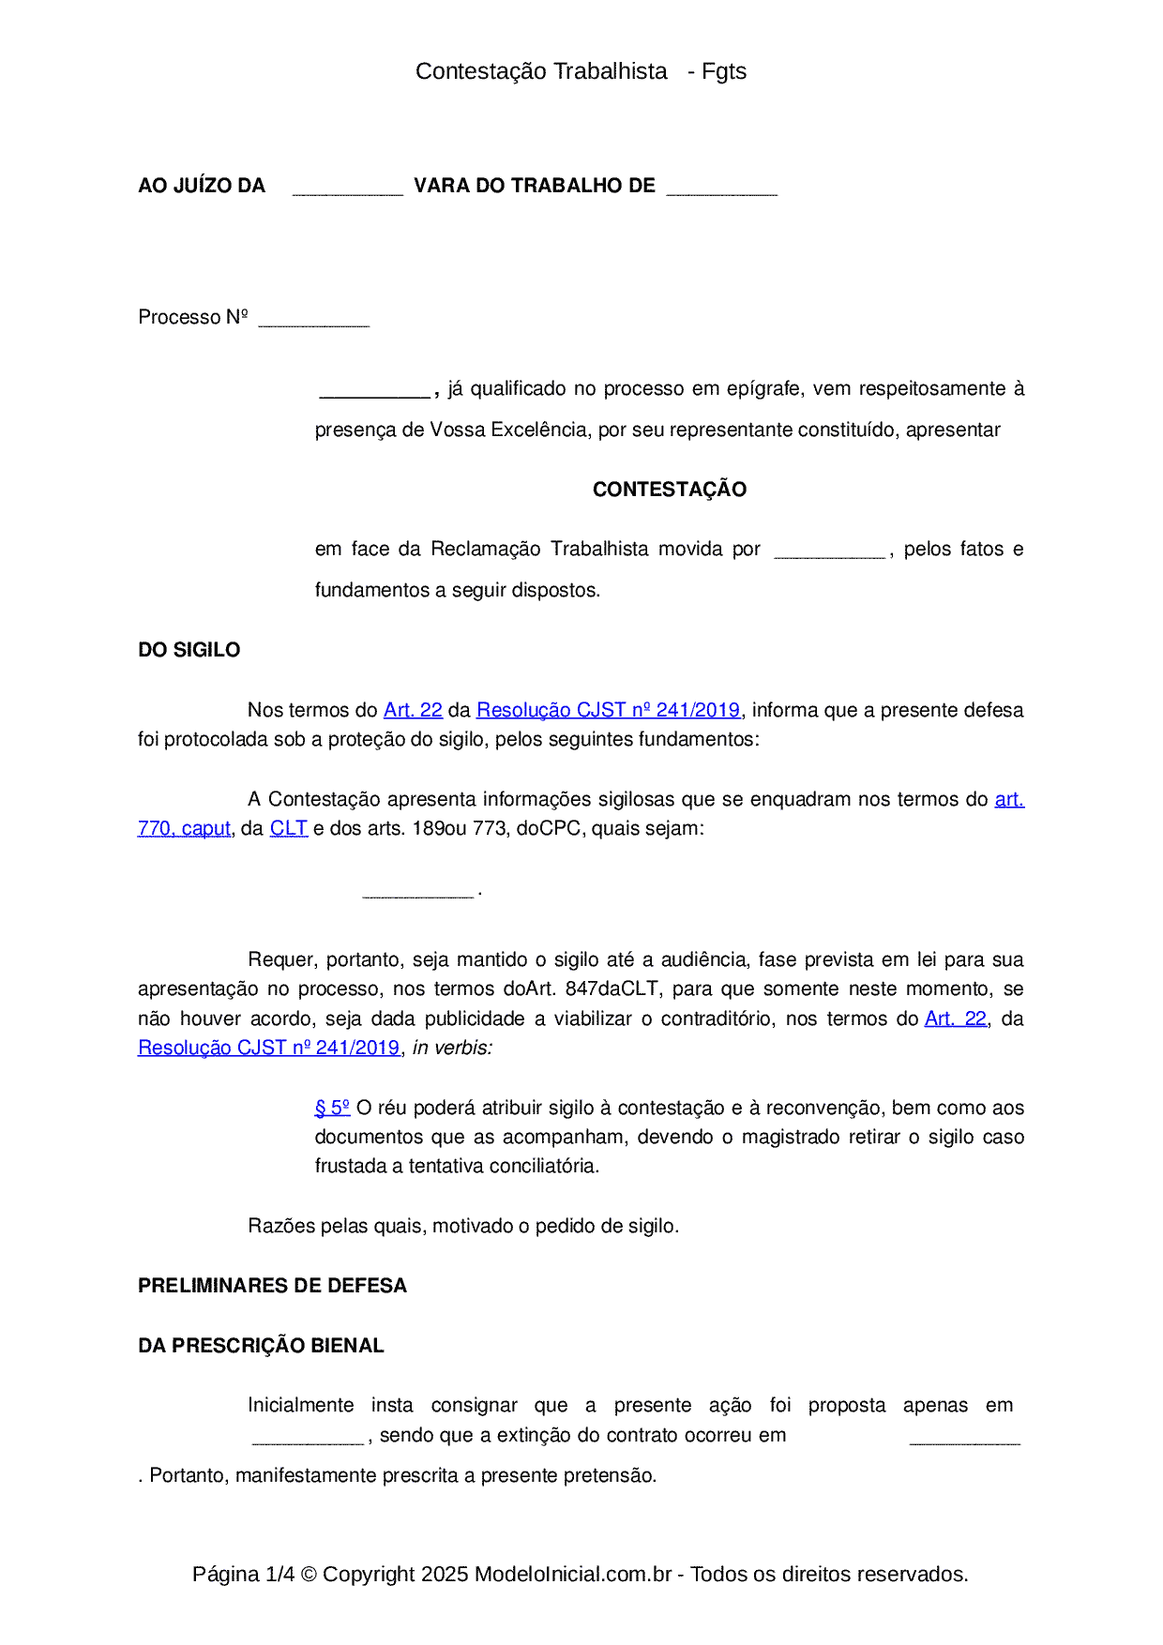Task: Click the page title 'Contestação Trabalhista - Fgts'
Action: coord(581,71)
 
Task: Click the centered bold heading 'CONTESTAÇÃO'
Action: coord(669,490)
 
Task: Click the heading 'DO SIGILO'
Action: coord(189,650)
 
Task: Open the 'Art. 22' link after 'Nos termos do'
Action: coord(413,710)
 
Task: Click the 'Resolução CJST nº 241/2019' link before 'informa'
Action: coord(608,710)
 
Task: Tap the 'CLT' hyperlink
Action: coord(288,828)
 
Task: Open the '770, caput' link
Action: coord(184,828)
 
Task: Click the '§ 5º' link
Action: coord(332,1108)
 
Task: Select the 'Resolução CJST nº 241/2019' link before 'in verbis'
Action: coord(268,1048)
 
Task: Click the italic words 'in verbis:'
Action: coord(452,1048)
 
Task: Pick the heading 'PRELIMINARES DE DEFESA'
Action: coord(272,1286)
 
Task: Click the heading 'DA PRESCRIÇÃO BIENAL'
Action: coord(261,1346)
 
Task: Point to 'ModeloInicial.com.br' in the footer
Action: coord(572,1574)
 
